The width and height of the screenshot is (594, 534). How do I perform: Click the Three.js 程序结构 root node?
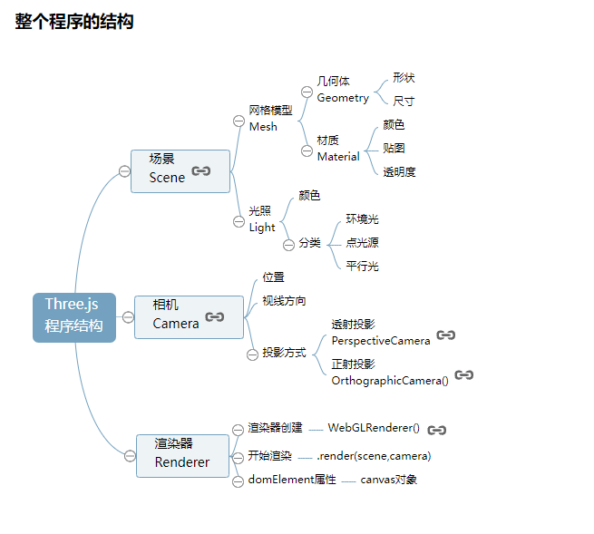click(74, 316)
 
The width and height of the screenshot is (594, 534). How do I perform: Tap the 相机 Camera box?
click(189, 316)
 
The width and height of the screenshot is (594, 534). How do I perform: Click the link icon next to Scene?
click(201, 170)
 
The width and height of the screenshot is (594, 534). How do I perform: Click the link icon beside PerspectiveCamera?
click(445, 335)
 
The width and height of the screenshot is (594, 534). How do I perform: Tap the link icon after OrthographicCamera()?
click(464, 374)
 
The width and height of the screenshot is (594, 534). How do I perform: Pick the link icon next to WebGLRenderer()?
click(437, 430)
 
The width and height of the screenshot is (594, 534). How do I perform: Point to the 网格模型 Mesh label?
click(270, 119)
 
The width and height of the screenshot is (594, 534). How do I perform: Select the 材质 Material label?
click(338, 149)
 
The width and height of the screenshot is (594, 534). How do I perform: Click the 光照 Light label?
click(262, 219)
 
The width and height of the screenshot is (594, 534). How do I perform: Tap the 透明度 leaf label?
click(399, 172)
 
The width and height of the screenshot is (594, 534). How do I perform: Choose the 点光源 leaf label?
click(362, 243)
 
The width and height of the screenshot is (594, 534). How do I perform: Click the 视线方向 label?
click(284, 301)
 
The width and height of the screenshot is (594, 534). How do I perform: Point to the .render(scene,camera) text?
click(374, 456)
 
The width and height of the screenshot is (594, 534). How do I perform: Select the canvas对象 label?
click(388, 480)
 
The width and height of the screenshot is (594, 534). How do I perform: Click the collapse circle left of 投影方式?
click(252, 354)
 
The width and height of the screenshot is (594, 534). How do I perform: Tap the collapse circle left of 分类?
click(288, 244)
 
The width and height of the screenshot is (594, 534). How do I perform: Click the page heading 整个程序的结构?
click(74, 22)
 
